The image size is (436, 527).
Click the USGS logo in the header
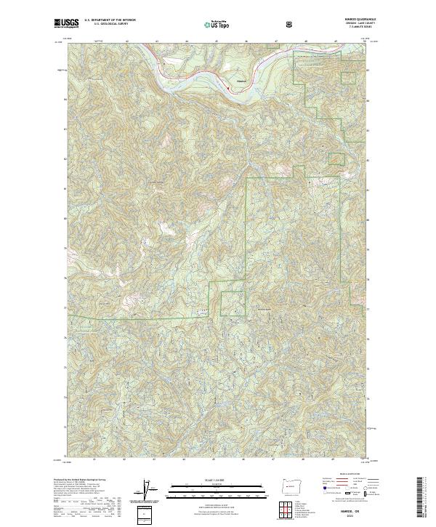66,24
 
